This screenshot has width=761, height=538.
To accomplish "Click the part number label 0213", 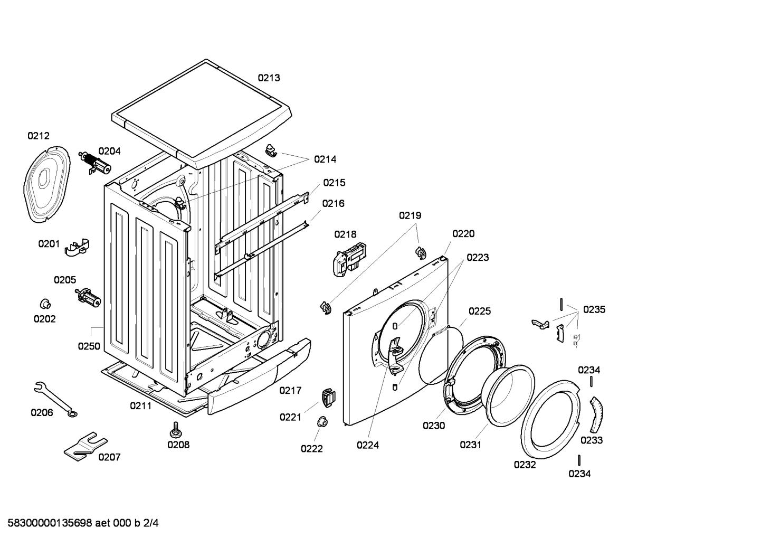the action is (269, 78).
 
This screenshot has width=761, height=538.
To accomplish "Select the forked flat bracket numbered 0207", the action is (85, 447).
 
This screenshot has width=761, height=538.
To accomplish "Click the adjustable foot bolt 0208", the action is (176, 430).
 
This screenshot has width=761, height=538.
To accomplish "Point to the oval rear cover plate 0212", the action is (46, 185).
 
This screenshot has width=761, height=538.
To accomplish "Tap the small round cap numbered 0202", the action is (45, 304).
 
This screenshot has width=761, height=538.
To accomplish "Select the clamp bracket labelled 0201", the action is (78, 247).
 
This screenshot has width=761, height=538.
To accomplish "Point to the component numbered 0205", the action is (88, 298).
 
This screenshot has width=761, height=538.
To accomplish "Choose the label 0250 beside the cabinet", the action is (89, 346).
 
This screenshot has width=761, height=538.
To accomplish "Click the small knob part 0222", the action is (322, 422).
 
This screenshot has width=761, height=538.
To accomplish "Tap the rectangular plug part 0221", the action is (329, 397).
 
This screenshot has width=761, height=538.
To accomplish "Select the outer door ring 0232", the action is (551, 419).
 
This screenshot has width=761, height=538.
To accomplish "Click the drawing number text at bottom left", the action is (83, 523).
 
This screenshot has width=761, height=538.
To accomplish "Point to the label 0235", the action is (594, 309).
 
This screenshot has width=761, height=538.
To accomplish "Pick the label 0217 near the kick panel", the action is (290, 391).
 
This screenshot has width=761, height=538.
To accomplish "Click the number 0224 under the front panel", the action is (368, 445).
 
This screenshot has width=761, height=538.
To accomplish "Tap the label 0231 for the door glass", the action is (471, 445).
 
